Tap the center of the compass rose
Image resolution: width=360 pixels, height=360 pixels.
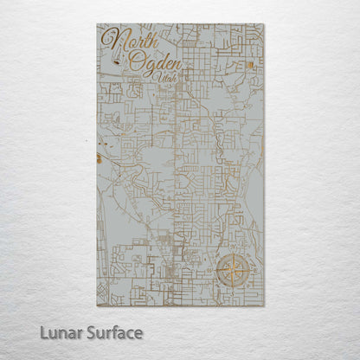click(x=231, y=270)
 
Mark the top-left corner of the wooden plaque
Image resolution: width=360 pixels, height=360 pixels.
click(x=99, y=24)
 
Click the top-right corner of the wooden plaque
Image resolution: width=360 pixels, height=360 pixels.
click(x=264, y=24)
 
